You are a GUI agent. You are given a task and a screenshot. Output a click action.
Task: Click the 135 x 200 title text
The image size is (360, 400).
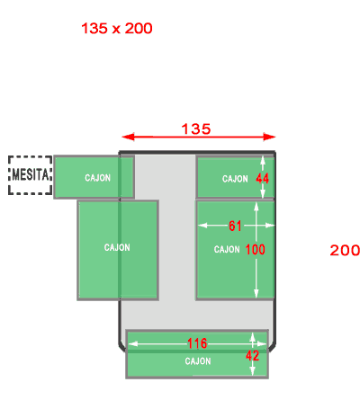[x=117, y=29]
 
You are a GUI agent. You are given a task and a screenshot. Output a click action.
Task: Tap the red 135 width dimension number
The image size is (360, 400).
[x=196, y=129]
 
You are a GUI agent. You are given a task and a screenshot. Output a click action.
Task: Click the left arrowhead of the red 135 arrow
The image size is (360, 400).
[x=129, y=137]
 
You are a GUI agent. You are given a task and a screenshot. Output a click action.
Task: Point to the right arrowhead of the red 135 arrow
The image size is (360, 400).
[x=269, y=137]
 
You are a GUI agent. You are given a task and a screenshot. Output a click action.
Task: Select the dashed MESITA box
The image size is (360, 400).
[x=30, y=175]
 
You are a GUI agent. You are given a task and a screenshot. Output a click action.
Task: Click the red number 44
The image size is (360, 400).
[x=262, y=179]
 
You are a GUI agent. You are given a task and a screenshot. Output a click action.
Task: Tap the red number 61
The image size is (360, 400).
[x=235, y=226]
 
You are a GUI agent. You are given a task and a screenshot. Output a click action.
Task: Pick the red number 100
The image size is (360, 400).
[x=256, y=249]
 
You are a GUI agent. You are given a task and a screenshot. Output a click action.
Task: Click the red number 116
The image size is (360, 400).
[x=197, y=343]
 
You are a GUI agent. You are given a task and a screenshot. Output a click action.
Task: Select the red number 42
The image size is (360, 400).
[x=252, y=356]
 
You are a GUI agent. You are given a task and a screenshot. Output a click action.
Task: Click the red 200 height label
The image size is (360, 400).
[x=345, y=250]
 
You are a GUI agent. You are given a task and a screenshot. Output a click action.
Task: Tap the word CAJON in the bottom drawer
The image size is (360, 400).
[x=198, y=361]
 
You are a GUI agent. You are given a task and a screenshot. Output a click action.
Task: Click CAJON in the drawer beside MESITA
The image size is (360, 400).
[x=97, y=178]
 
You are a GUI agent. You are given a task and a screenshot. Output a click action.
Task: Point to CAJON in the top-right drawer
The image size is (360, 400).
[x=235, y=179]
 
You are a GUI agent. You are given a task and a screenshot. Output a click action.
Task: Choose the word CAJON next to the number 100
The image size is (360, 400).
[x=227, y=249]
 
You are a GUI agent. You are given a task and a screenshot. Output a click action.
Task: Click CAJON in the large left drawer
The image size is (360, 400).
[x=117, y=247]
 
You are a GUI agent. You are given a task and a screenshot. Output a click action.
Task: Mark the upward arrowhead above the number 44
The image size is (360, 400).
[x=263, y=160]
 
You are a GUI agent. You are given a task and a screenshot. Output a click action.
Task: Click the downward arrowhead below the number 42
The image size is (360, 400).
[x=253, y=371]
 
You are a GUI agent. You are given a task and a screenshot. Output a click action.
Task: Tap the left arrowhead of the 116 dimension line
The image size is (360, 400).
[x=132, y=343]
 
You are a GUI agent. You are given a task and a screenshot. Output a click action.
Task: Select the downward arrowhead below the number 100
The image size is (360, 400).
[x=256, y=294]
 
